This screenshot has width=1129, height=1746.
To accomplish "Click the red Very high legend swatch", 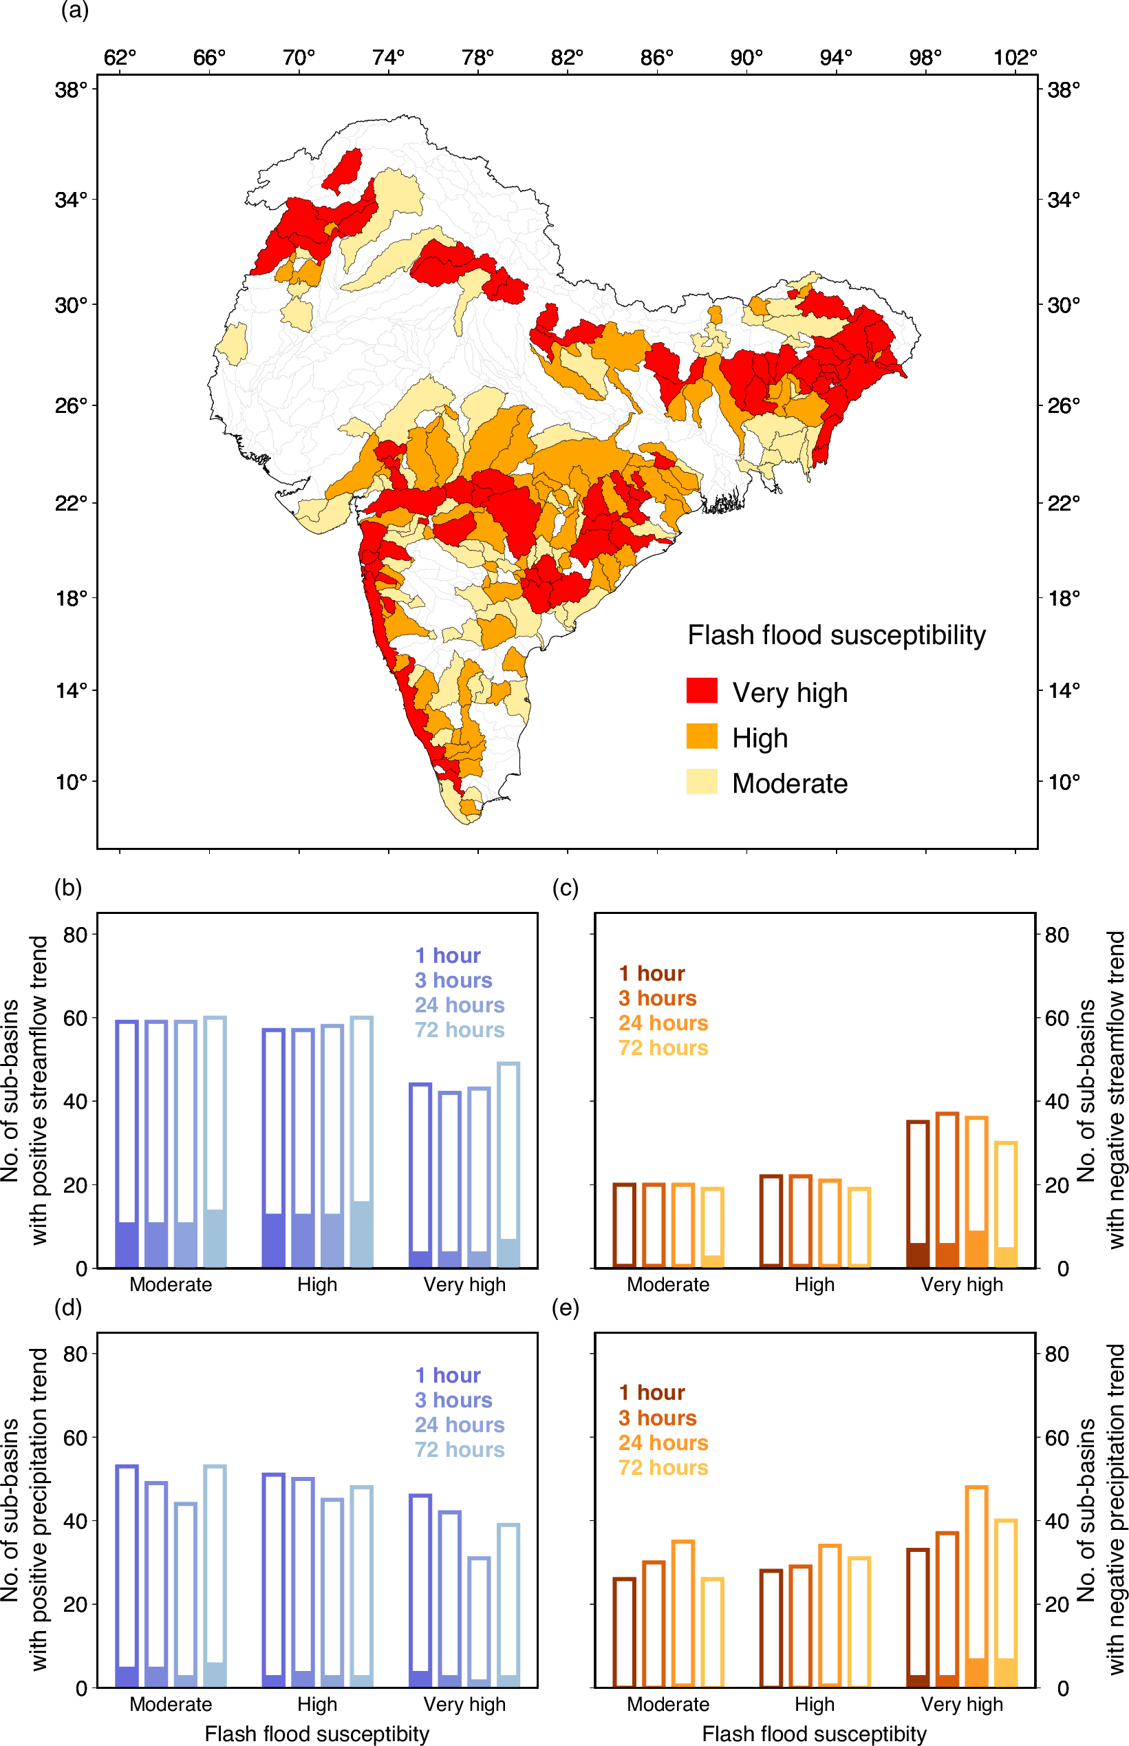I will (x=702, y=691).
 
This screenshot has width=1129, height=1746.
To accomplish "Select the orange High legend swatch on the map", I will (x=702, y=736).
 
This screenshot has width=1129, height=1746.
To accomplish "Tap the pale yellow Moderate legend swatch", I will (x=702, y=782).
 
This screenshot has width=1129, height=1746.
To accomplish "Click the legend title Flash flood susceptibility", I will (x=837, y=635).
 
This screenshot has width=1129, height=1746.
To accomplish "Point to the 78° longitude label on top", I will (x=478, y=57).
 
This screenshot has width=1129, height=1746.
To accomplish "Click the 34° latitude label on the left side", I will (x=71, y=200).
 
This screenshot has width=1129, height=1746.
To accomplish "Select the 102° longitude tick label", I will (x=1015, y=57).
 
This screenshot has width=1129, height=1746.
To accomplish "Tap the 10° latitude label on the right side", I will (x=1064, y=782).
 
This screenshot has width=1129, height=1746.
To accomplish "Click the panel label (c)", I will (x=566, y=888).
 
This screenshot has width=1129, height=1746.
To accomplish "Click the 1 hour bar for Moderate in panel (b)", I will (x=127, y=1144).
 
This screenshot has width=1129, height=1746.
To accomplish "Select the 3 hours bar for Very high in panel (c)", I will (x=947, y=1189).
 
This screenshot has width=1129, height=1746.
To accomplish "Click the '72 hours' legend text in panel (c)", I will (x=663, y=1048).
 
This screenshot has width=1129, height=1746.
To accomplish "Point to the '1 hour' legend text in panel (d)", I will (x=448, y=1375).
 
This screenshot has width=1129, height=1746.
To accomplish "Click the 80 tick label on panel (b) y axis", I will (x=75, y=935).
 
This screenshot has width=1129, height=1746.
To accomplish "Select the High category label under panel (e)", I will (x=815, y=1704).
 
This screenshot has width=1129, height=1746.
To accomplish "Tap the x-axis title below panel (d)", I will (x=316, y=1734).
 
